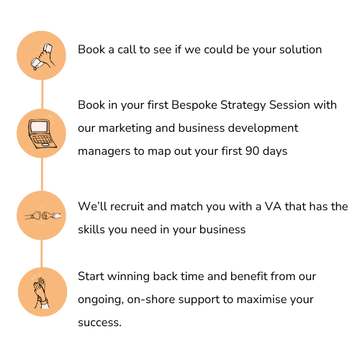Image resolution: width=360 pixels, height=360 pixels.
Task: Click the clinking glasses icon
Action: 42,57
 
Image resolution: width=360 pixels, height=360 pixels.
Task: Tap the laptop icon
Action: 42,132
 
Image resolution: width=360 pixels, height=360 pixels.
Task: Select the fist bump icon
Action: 42,216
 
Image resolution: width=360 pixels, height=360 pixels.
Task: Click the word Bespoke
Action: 194,105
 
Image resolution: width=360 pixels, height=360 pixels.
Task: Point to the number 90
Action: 252,151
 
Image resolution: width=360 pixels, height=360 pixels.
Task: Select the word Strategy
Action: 243,106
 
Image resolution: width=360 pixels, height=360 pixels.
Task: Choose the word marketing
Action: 125,128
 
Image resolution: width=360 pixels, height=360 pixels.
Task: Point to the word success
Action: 99,323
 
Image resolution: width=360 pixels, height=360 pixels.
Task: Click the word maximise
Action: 261,300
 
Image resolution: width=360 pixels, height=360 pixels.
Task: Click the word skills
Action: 91,230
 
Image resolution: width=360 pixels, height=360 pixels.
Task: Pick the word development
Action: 263,128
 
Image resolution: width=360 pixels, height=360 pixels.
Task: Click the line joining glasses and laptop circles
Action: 42,94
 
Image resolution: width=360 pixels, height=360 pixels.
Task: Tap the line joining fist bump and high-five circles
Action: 42,253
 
